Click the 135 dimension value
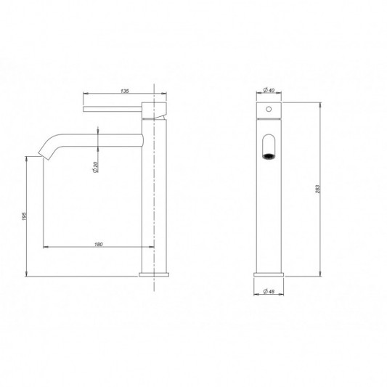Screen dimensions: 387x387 tap(125, 91)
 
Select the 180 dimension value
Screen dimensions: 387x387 tap(99, 245)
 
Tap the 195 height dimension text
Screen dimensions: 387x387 tap(24, 216)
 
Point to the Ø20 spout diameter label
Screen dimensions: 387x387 tap(96, 167)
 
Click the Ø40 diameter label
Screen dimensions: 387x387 tap(269, 90)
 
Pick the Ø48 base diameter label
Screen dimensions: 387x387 tap(269, 291)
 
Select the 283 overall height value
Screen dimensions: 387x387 tap(318, 189)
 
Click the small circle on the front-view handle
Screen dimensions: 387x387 tap(269, 109)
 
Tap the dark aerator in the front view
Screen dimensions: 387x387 tap(269, 156)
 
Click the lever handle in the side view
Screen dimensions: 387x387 tap(113, 109)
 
